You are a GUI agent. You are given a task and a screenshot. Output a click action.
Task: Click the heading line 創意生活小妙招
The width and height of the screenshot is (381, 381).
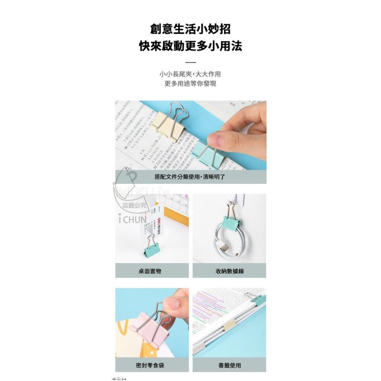190,29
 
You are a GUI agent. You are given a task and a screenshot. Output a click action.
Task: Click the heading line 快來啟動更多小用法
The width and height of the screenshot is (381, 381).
190,46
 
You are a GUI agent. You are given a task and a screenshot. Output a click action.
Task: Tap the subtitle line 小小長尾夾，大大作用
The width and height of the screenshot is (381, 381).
190,74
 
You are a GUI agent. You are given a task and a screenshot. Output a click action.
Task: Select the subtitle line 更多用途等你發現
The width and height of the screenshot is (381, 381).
190,84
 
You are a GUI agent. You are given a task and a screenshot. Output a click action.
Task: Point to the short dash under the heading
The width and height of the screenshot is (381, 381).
190,62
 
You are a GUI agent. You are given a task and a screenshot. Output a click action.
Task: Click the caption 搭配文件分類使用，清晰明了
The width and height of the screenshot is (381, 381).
190,177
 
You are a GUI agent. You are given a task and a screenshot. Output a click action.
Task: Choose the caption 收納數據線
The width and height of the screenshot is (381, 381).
230,271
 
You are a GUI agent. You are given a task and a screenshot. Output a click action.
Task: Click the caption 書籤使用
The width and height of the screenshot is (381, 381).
230,365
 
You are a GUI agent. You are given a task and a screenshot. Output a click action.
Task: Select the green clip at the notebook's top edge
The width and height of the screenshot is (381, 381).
259,299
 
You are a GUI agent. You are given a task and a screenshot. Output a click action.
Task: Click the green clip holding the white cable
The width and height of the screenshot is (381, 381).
229,221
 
